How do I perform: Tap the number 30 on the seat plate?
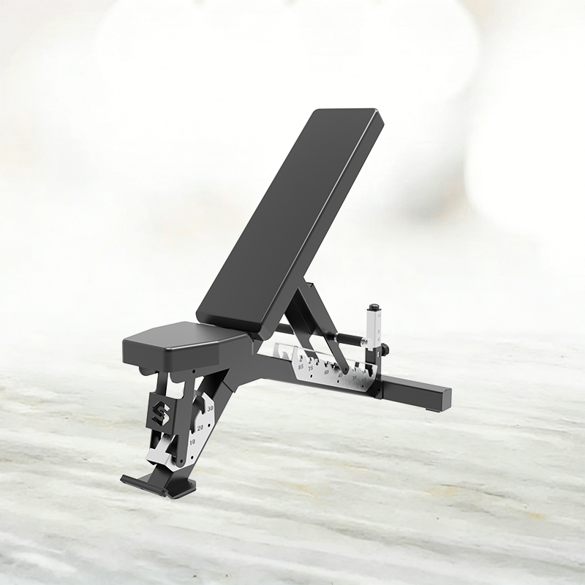[210, 407]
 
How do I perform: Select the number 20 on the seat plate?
[200, 427]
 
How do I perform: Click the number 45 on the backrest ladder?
[339, 377]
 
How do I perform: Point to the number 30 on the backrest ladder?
[354, 379]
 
